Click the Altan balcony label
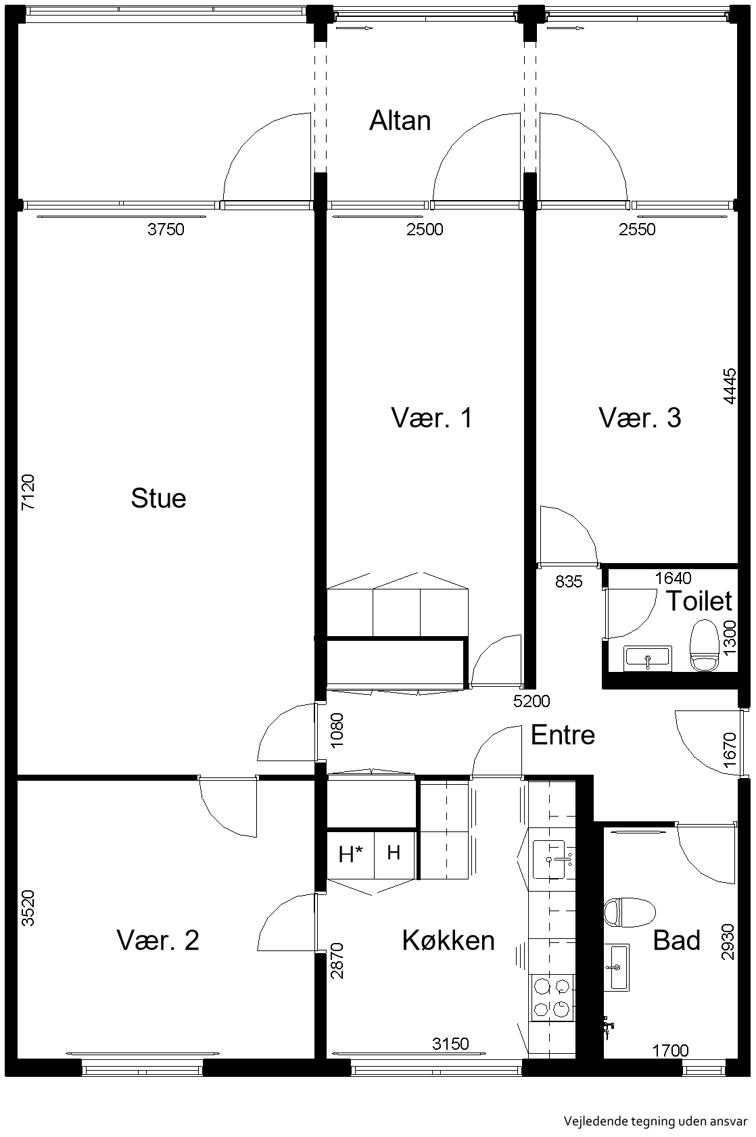click(400, 121)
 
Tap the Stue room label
click(158, 498)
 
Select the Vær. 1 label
click(431, 418)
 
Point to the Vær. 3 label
click(640, 418)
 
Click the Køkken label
click(448, 940)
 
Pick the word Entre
click(563, 735)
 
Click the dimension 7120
click(28, 492)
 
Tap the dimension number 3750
click(166, 229)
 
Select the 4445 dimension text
click(729, 386)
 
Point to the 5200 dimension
click(531, 701)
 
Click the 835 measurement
click(569, 581)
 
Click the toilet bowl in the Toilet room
click(703, 645)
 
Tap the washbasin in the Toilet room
click(648, 658)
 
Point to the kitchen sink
click(551, 859)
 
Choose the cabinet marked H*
click(350, 855)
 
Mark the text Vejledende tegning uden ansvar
click(655, 1121)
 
